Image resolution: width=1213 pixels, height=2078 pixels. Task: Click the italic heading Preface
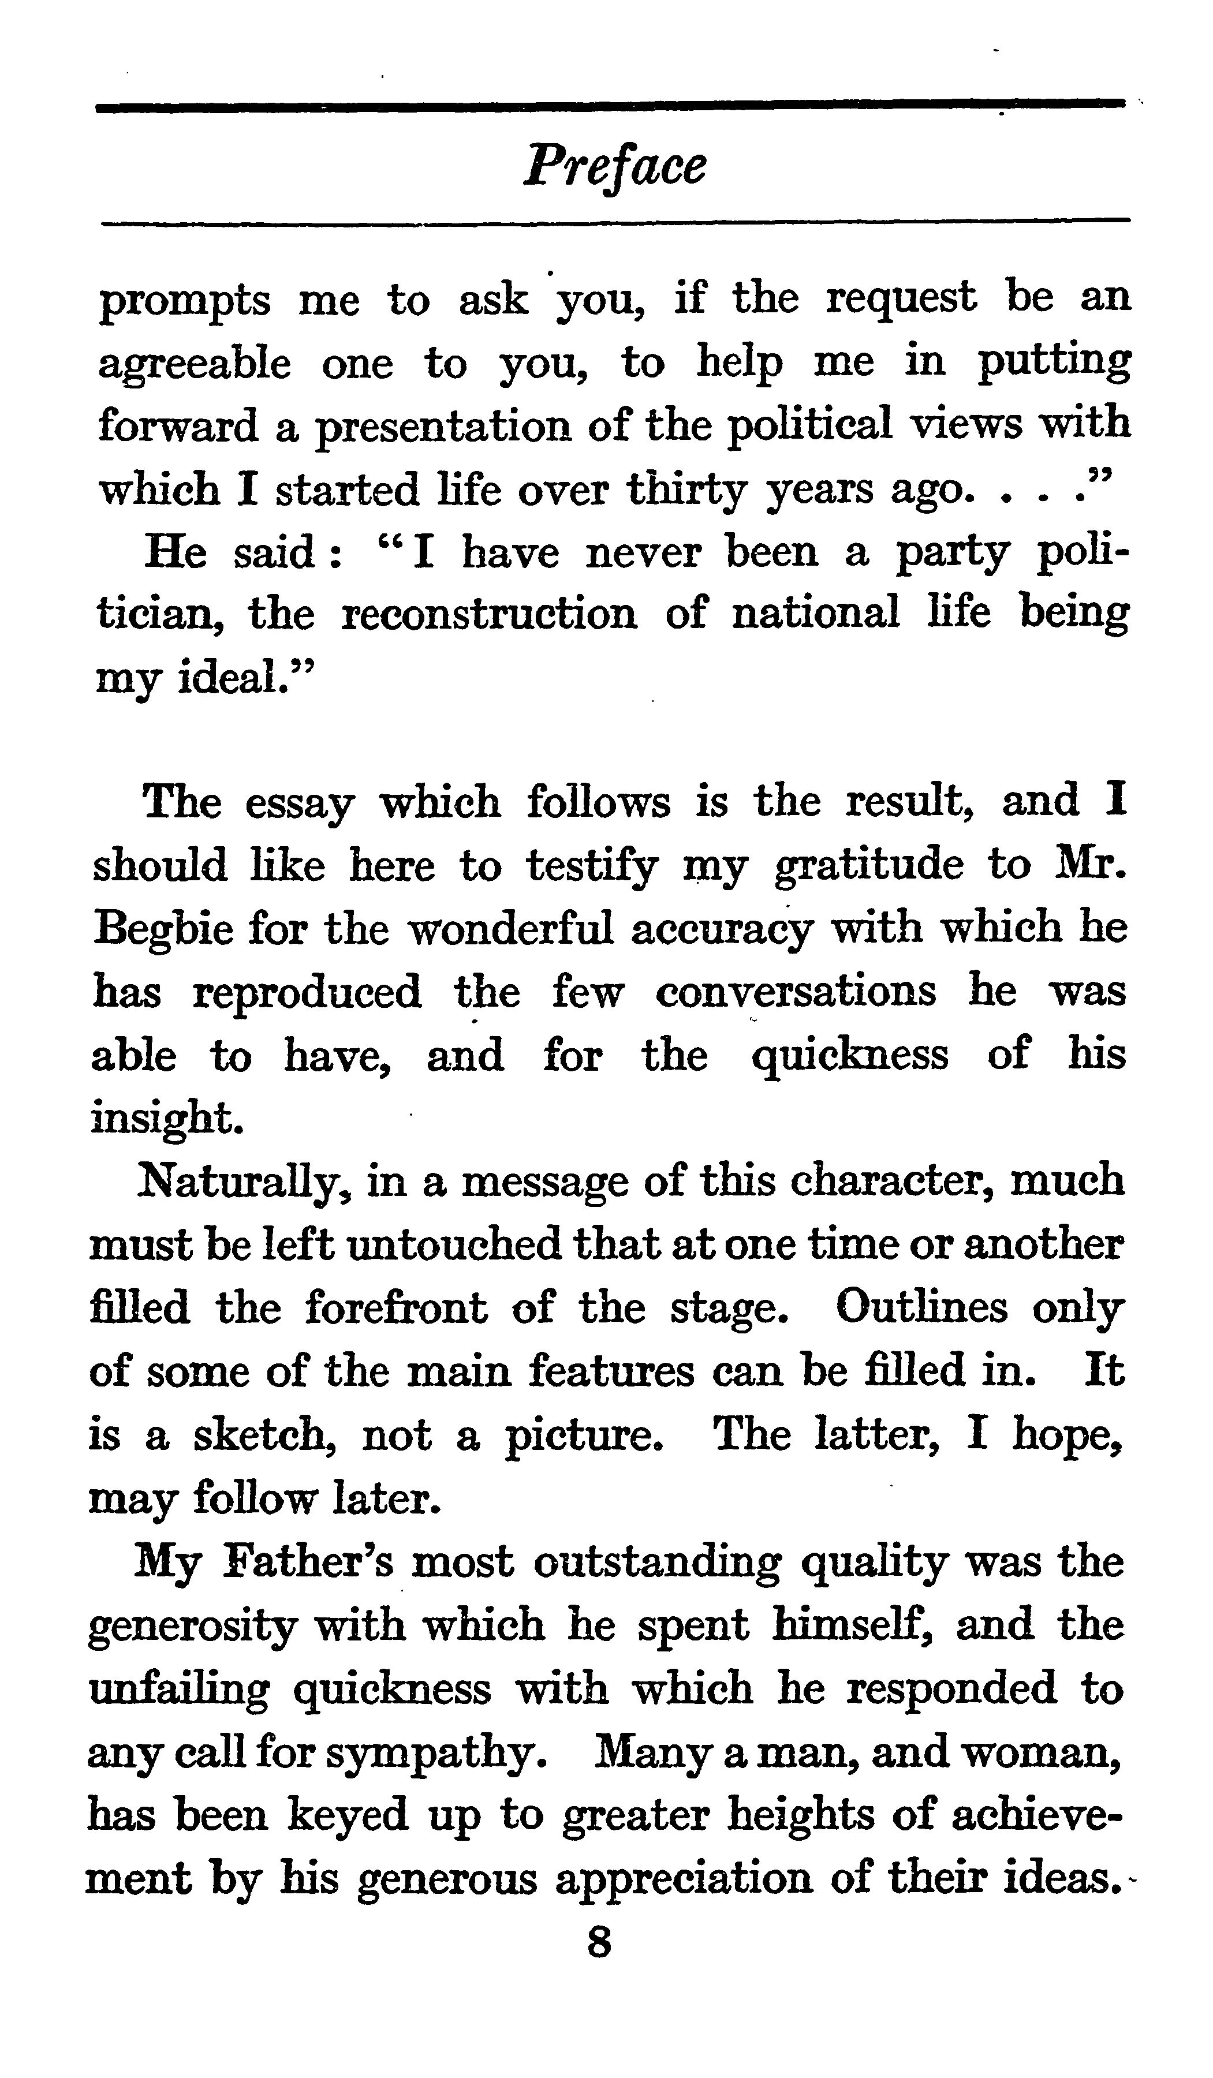(614, 166)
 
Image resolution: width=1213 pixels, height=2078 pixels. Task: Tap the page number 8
(599, 1943)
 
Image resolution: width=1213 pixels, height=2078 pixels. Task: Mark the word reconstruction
(489, 614)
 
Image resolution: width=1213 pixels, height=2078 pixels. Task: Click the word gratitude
(869, 866)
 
